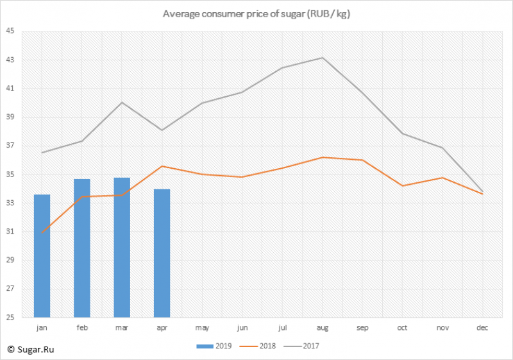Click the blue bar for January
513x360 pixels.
tap(42, 256)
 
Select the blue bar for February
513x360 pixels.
tap(82, 248)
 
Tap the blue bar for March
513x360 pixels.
tap(122, 248)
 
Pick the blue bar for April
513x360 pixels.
tap(162, 253)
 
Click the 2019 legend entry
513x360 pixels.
tap(214, 346)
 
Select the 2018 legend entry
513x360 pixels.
tap(258, 346)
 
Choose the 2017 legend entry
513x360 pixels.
tap(301, 346)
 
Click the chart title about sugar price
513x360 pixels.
tap(256, 14)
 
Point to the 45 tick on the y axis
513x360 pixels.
tap(10, 31)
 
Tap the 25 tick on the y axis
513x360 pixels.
tap(10, 317)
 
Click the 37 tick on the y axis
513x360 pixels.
tap(10, 146)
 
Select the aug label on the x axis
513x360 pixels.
tap(323, 328)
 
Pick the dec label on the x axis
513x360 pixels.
tap(482, 328)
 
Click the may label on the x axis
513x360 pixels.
tap(202, 328)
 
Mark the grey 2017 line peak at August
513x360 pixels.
tap(323, 58)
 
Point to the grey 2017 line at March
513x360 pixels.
tap(122, 103)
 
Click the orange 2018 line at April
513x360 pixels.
tap(162, 166)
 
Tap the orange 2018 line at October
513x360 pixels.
tap(403, 186)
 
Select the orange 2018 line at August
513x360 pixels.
tap(323, 157)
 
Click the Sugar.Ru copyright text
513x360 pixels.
tap(31, 350)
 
